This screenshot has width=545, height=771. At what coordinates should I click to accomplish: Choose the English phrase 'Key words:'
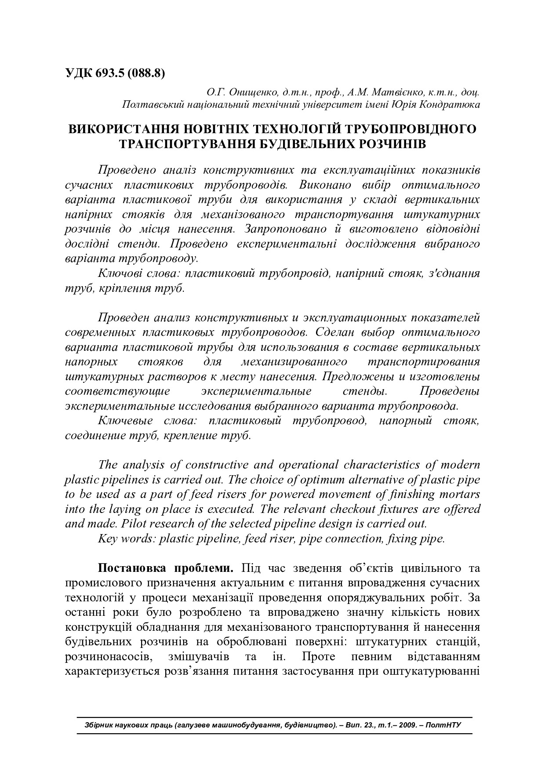click(127, 538)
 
